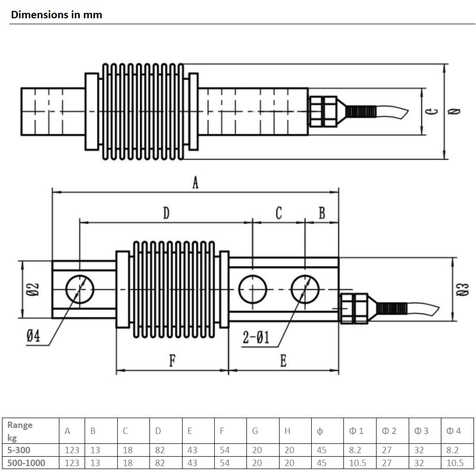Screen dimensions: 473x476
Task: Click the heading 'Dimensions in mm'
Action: tap(56, 14)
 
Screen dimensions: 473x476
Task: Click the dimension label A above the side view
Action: tap(195, 183)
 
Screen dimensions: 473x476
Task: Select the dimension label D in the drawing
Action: tap(166, 213)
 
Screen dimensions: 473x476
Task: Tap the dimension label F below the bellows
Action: tap(172, 361)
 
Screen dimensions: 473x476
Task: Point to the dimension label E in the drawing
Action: tap(283, 361)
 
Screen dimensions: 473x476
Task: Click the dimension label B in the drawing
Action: tap(322, 213)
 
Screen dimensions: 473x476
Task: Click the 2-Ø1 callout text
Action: tap(256, 338)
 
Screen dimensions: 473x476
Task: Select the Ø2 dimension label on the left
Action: tap(34, 289)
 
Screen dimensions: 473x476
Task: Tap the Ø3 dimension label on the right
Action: tap(463, 289)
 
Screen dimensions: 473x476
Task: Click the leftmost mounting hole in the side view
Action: tap(79, 288)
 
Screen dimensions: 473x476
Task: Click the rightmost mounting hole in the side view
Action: tap(305, 289)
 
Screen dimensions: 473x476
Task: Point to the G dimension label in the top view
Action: tap(432, 111)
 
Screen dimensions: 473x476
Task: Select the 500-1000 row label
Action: tap(26, 463)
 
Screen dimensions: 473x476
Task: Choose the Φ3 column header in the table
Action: tap(422, 430)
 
